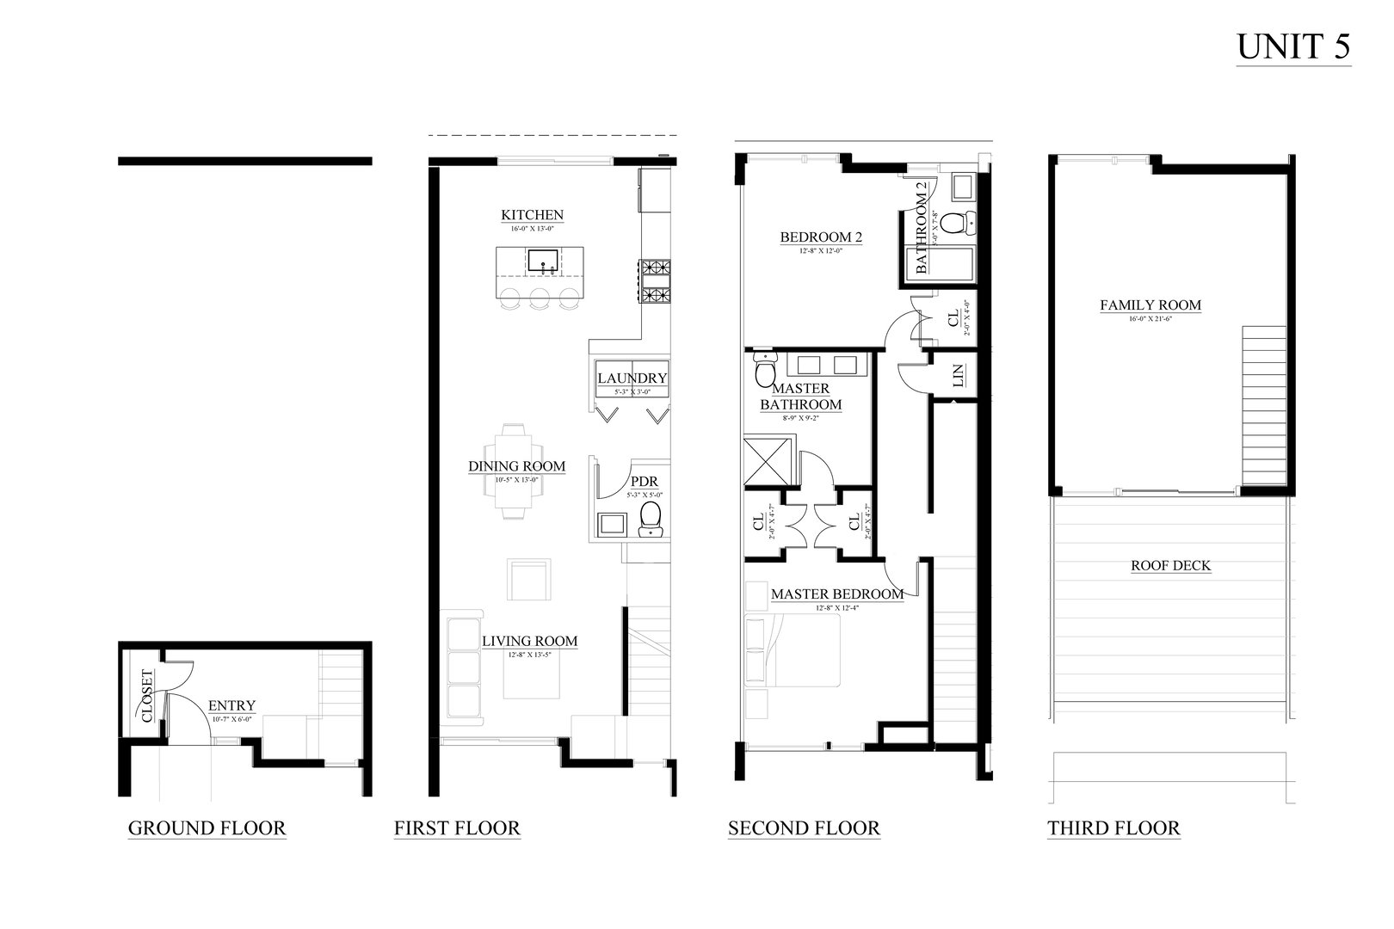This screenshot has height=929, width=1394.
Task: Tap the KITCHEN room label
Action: [533, 215]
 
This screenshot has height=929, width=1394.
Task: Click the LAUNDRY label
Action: [632, 378]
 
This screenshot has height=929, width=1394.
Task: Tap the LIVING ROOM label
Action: [529, 641]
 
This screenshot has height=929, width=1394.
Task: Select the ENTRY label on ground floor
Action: [232, 705]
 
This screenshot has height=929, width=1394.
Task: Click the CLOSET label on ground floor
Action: [146, 695]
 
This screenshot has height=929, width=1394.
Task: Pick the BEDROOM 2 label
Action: [821, 237]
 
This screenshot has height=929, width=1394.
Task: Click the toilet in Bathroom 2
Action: [953, 224]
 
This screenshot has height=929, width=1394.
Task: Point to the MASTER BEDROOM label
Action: [836, 594]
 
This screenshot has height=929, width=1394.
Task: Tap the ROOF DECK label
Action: [1170, 565]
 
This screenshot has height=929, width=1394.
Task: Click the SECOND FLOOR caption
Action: [804, 828]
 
